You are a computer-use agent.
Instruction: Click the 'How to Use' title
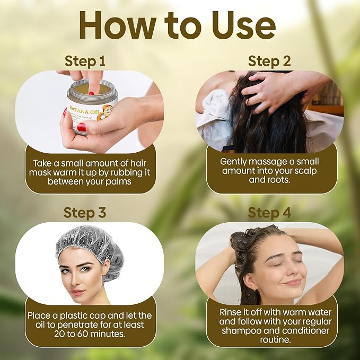177,25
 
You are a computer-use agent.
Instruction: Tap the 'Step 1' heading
85,62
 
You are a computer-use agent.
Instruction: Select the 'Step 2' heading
269,62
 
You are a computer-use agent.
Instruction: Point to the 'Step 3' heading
85,213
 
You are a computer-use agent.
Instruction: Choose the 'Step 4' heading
269,213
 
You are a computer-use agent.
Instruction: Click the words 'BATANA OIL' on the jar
84,110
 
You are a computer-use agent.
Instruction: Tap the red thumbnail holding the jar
81,127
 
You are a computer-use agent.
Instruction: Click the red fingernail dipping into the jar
91,93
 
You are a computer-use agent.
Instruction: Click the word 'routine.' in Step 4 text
275,340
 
